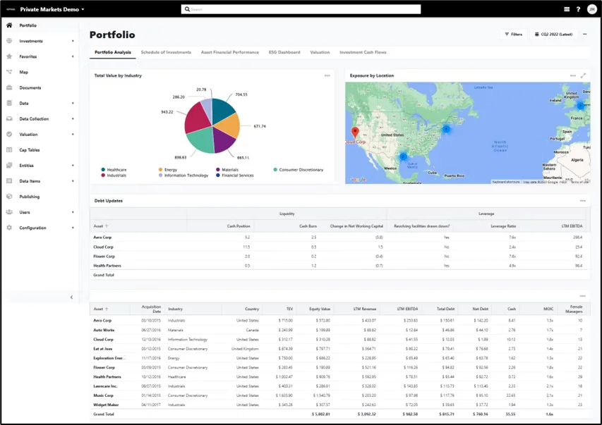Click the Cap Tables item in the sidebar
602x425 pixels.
click(x=28, y=149)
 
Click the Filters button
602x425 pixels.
click(x=513, y=34)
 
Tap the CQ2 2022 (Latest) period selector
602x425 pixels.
click(x=555, y=34)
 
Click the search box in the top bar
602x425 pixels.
click(x=301, y=9)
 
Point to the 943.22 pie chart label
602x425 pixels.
click(x=167, y=112)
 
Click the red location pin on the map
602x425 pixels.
click(x=355, y=132)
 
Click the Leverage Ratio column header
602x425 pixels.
click(x=503, y=226)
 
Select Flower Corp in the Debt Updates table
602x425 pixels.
click(x=104, y=256)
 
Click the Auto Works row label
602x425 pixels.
click(x=104, y=329)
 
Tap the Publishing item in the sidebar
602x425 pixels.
click(x=29, y=197)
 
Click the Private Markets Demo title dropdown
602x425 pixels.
click(x=52, y=9)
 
